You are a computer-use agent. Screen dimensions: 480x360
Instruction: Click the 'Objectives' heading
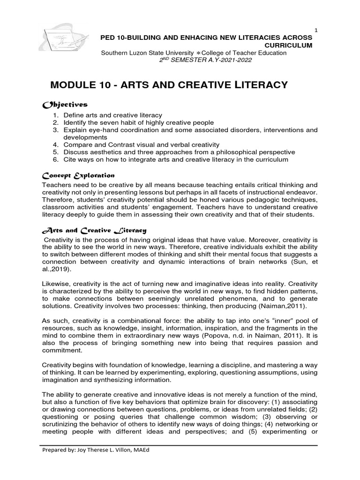(x=65, y=105)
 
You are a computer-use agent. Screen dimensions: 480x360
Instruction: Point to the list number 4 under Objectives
(x=55, y=145)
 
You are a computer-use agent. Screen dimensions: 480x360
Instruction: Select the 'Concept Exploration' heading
(x=78, y=175)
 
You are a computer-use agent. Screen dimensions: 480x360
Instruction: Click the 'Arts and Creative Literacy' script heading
(x=94, y=230)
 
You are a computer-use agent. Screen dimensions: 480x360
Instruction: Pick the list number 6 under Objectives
(x=55, y=160)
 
